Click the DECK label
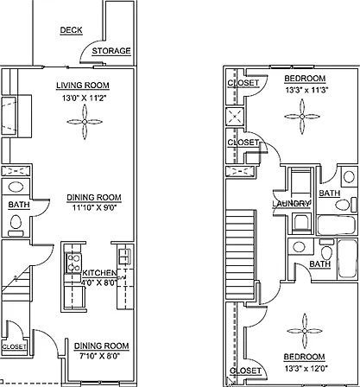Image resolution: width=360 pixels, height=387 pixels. click(71, 30)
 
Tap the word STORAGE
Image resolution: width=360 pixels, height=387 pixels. click(111, 51)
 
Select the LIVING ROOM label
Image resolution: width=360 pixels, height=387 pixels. click(83, 86)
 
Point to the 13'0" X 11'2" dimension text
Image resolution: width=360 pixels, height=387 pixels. click(85, 98)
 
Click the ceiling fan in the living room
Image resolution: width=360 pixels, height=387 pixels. click(85, 122)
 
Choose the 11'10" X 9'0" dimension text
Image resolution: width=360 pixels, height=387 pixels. click(94, 207)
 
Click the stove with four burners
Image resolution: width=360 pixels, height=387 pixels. click(73, 263)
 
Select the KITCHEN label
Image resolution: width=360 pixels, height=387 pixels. click(99, 273)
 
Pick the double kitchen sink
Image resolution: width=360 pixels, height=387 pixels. click(125, 257)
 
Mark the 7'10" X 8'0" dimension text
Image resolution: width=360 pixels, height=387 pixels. click(99, 356)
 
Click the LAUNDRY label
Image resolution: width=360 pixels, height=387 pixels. click(291, 204)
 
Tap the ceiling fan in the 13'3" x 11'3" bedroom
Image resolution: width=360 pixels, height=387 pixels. click(302, 117)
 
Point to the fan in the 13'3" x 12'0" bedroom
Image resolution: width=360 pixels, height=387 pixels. click(305, 331)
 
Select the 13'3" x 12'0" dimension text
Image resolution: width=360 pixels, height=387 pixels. click(306, 368)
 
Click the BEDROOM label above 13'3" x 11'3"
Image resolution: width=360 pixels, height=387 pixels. click(305, 79)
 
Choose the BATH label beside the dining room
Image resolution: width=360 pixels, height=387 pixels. click(19, 205)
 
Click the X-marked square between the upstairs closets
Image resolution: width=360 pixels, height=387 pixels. click(235, 117)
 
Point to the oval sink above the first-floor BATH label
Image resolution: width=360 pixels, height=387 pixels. click(16, 187)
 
